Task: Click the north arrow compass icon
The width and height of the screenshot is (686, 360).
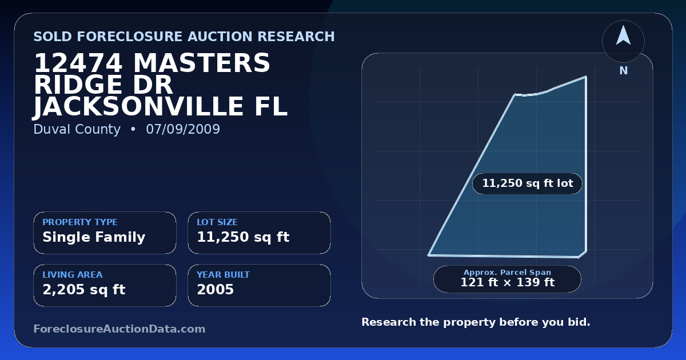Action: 623,41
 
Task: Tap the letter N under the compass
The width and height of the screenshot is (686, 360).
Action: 624,71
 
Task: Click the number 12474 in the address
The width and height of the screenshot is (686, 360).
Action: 78,63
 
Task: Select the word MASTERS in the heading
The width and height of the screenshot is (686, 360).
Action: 201,63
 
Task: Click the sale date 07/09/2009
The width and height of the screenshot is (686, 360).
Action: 183,129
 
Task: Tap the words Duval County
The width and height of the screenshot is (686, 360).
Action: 77,130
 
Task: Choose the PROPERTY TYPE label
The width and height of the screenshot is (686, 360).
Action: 80,222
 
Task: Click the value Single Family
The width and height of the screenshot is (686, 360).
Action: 94,237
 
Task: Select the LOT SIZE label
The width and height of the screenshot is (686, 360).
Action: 217,222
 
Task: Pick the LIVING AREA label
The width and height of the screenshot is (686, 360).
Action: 73,275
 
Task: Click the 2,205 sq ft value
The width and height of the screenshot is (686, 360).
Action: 84,290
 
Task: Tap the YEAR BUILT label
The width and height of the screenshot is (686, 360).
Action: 224,275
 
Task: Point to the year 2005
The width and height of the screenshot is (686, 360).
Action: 216,289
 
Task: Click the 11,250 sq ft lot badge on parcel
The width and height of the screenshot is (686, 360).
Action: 527,183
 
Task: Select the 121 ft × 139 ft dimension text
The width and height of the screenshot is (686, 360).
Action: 508,282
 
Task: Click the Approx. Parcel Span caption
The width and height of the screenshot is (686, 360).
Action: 508,272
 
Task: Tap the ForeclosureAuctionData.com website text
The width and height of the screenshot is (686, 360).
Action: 119,329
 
